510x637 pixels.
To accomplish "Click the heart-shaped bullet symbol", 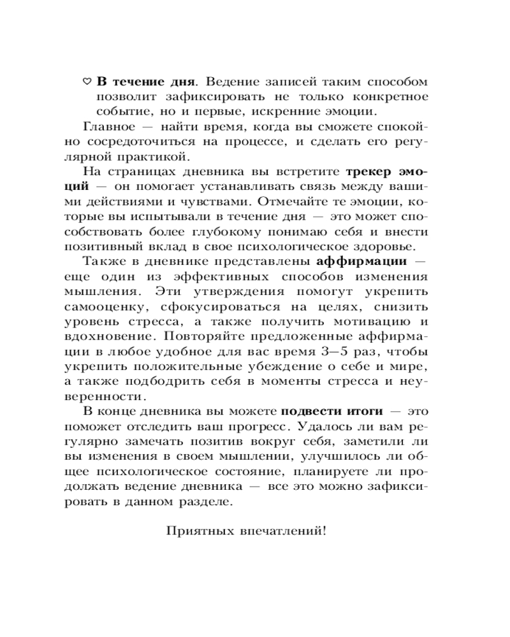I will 87,82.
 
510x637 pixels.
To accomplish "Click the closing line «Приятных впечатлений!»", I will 245,530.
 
